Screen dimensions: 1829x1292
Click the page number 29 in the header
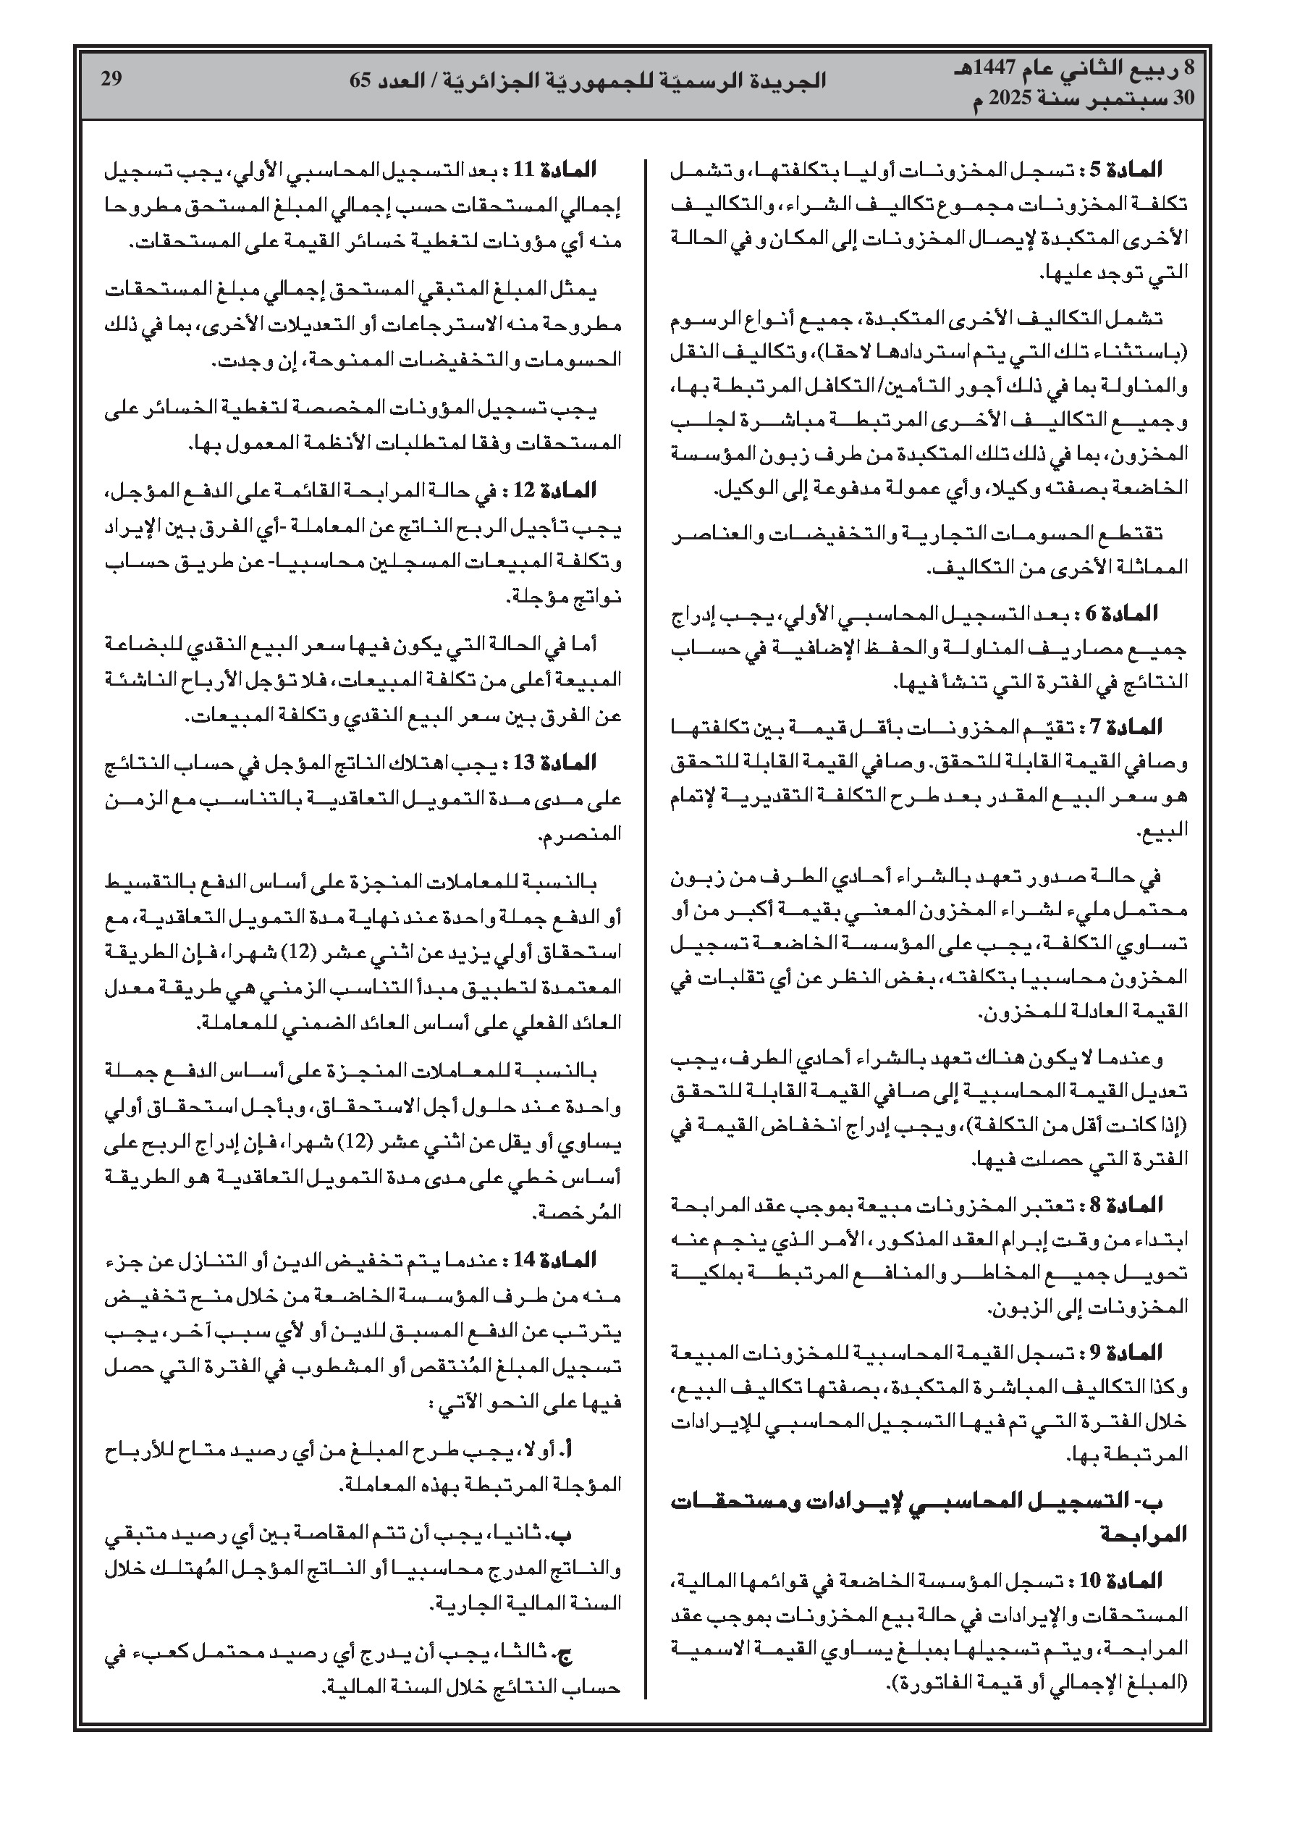coord(111,78)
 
